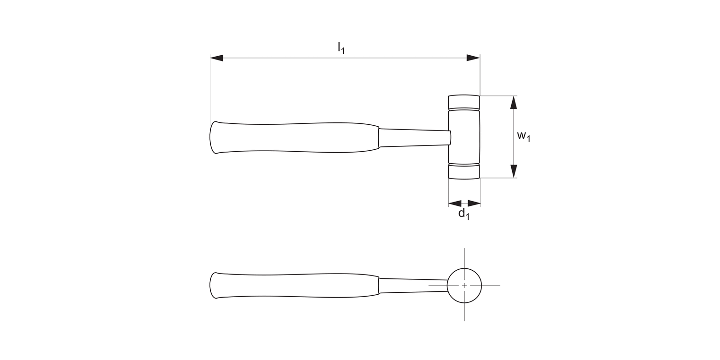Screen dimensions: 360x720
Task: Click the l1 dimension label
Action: click(x=341, y=48)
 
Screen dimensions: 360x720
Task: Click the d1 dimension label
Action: click(x=464, y=214)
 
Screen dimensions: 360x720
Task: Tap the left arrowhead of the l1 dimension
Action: click(x=217, y=58)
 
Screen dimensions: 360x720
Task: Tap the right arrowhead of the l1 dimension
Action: click(x=473, y=58)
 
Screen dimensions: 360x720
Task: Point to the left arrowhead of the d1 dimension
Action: click(x=455, y=203)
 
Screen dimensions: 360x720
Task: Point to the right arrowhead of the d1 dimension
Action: click(x=474, y=203)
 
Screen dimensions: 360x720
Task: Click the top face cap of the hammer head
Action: click(x=464, y=102)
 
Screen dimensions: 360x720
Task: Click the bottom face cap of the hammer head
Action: click(x=464, y=172)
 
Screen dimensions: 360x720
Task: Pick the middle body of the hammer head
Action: click(x=464, y=137)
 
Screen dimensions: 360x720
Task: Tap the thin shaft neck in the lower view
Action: click(x=413, y=286)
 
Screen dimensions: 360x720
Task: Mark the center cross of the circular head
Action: click(x=464, y=286)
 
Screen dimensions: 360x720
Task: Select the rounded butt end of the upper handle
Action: click(x=213, y=138)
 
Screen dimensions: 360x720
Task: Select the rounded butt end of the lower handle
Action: click(x=213, y=286)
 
